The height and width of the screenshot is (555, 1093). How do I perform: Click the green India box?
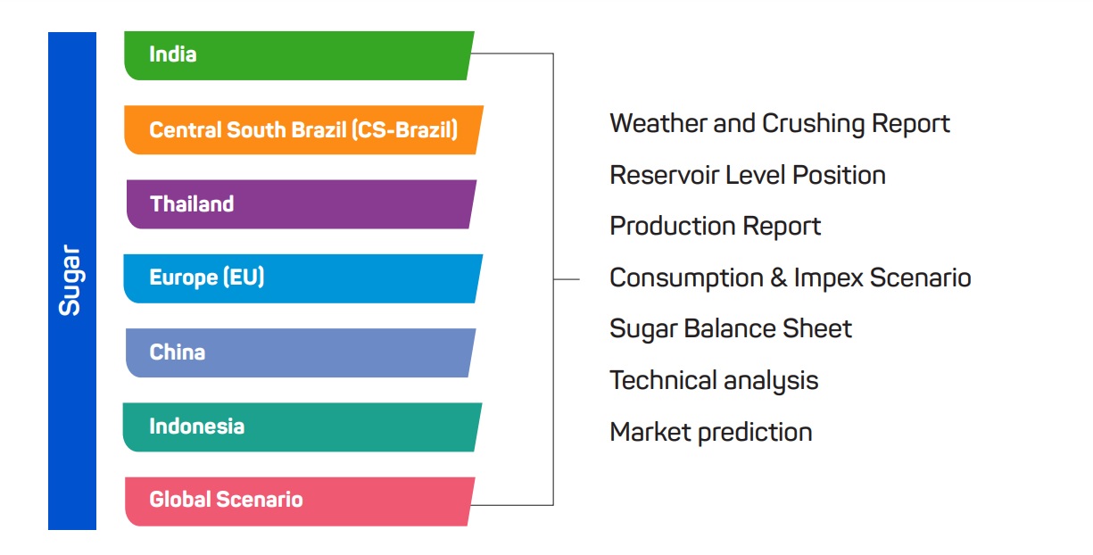coord(299,55)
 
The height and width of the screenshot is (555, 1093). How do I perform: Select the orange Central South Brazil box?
coord(303,130)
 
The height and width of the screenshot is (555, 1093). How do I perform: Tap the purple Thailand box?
coord(301,204)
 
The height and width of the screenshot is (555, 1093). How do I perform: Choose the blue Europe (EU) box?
coord(303,278)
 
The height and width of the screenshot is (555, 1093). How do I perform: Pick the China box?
coord(301,352)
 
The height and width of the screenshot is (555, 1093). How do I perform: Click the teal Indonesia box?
coord(302,427)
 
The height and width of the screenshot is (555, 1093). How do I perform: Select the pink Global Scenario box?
coord(300,501)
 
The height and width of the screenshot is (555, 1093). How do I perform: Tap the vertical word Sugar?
coord(70,280)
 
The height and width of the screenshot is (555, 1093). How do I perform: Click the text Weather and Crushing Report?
coord(780,124)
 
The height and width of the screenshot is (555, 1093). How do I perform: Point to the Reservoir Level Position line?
coord(748,175)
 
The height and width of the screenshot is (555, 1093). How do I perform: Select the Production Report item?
coord(716,227)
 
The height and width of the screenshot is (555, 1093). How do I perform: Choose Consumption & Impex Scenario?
coord(791,278)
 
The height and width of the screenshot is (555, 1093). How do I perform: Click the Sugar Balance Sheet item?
coord(731,329)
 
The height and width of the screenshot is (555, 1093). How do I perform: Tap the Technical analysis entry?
coord(714,381)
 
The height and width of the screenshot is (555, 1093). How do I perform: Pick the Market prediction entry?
coord(711,433)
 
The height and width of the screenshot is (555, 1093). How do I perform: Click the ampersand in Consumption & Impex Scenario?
coord(779,277)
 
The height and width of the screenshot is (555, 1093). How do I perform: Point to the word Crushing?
coord(814,124)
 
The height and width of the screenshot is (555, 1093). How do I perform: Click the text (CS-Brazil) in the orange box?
coord(405,130)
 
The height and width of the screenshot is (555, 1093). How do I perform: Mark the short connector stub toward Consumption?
coord(567,279)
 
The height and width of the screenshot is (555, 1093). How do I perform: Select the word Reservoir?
coord(664,175)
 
